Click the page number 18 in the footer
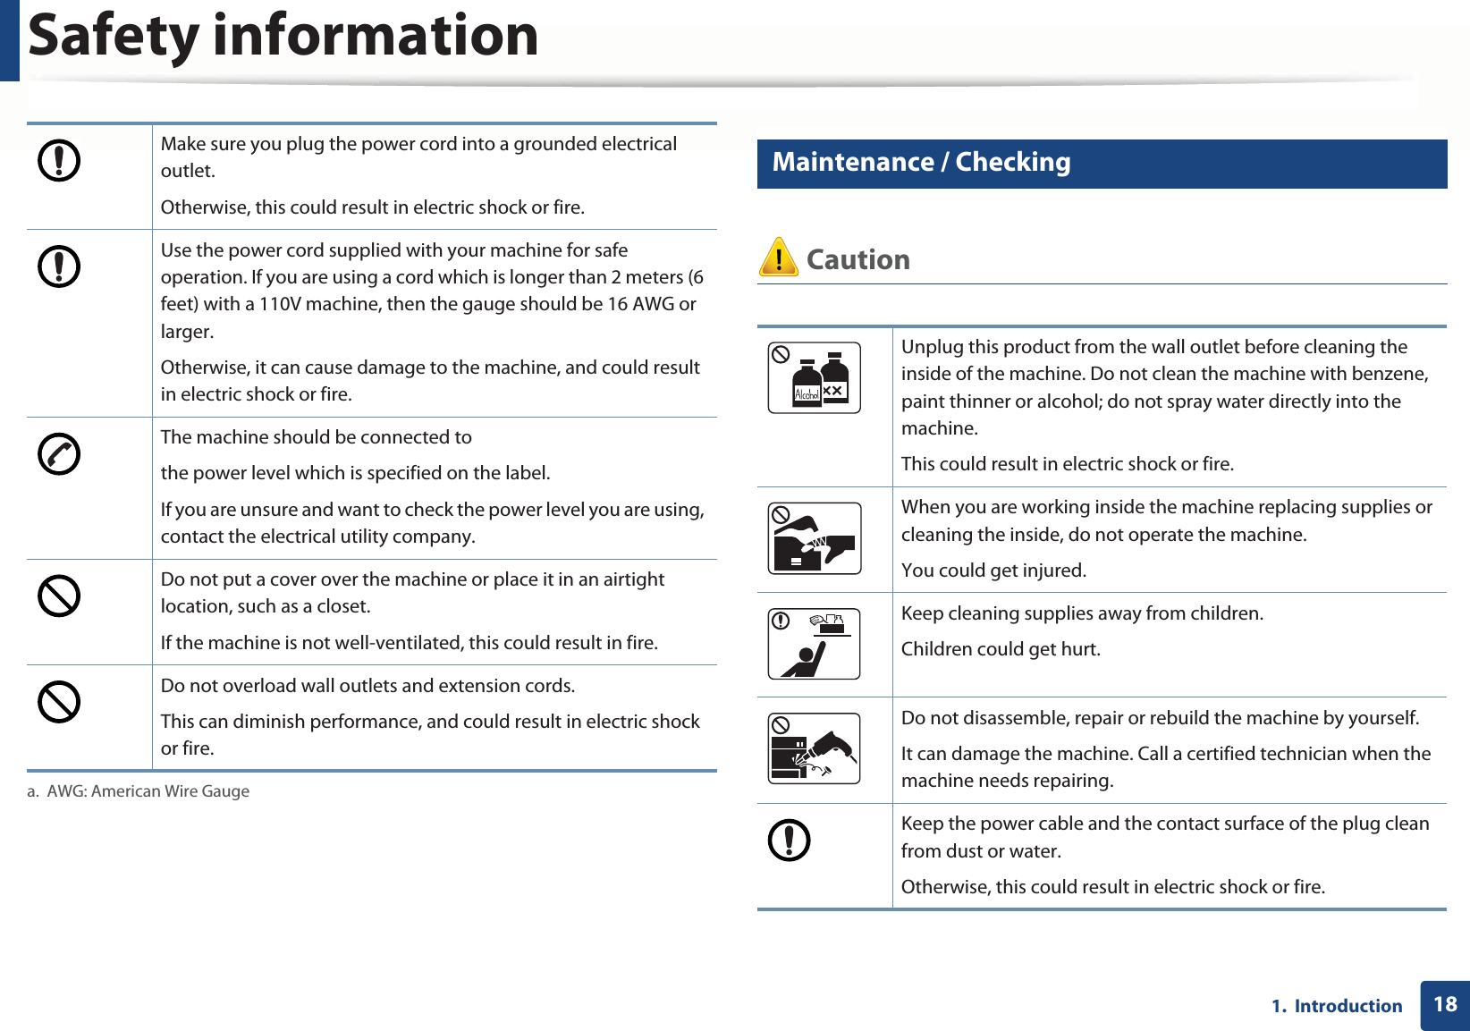1445,1004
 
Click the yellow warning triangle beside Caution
778,258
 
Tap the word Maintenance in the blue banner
853,162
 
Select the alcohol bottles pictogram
814,377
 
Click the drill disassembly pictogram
814,749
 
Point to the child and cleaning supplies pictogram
814,644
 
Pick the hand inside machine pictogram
814,538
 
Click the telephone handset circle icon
59,454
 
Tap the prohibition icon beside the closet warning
59,596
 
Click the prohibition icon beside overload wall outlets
59,702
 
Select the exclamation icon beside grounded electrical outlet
59,161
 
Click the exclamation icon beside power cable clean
789,841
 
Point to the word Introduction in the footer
1347,1006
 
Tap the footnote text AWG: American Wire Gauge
148,791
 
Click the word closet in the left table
342,606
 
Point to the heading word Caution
857,259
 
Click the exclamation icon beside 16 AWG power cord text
59,266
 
